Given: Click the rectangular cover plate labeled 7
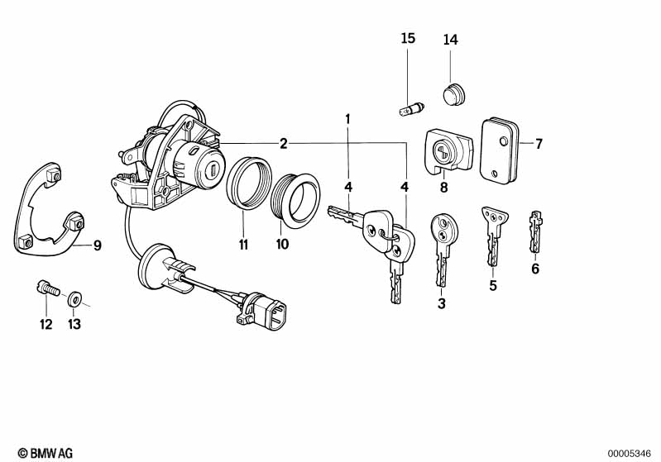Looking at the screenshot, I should pyautogui.click(x=500, y=146).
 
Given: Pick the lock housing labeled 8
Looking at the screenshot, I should pyautogui.click(x=447, y=151).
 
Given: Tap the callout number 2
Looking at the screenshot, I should pyautogui.click(x=283, y=144).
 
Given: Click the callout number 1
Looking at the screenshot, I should pyautogui.click(x=347, y=119).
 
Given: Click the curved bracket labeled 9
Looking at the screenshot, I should pyautogui.click(x=48, y=211).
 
